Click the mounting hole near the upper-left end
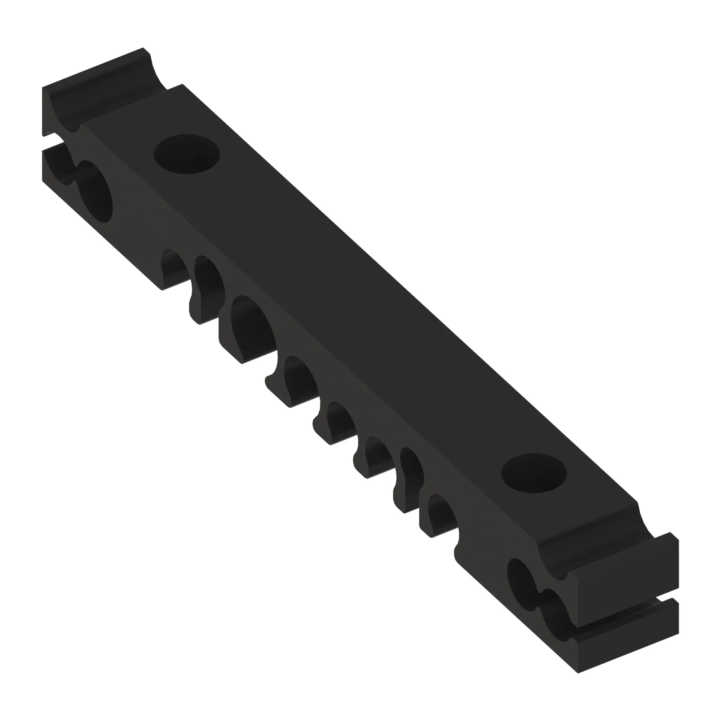187,154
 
